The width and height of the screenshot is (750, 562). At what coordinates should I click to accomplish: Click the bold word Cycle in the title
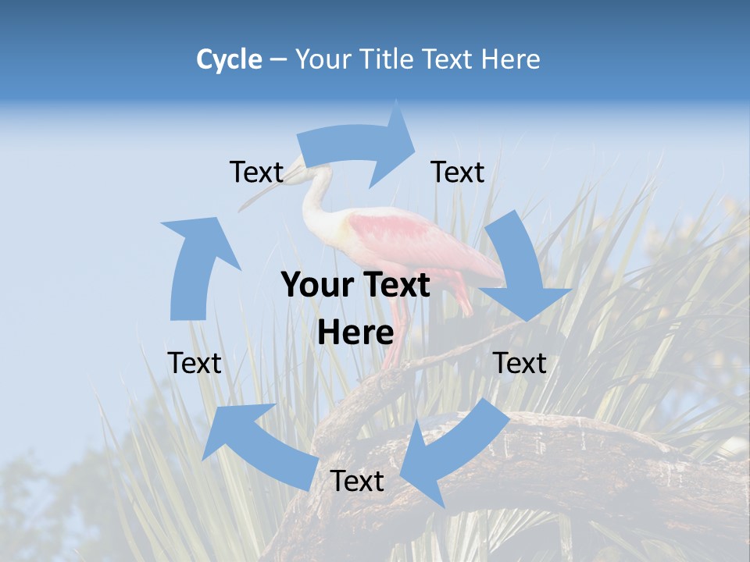coord(229,59)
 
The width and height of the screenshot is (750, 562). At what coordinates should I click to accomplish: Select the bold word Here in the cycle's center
coord(355,333)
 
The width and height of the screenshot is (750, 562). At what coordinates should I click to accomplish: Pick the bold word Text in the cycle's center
coord(396,285)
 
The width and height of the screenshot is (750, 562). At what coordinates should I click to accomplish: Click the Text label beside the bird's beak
coord(256,173)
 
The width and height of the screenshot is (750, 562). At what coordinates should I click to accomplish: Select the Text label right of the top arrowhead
coord(458,173)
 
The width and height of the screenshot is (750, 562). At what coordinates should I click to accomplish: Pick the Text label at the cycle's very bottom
coord(357,482)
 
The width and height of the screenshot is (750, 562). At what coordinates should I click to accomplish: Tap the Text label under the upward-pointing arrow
coord(195,363)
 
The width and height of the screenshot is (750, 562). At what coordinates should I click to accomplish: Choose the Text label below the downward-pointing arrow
coord(520,363)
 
